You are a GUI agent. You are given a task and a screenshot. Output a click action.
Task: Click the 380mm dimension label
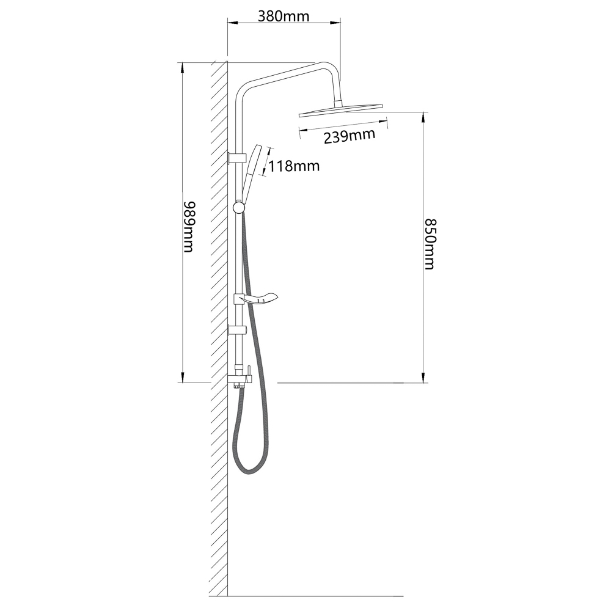click(x=284, y=16)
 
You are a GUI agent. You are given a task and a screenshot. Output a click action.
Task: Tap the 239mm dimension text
click(x=349, y=136)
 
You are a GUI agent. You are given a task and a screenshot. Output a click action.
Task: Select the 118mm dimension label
click(x=295, y=166)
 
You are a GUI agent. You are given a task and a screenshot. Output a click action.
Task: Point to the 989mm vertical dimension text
click(x=188, y=227)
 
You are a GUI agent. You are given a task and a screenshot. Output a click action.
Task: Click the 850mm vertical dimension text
click(x=430, y=244)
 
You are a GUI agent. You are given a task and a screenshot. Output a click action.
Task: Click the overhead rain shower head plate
click(x=341, y=110)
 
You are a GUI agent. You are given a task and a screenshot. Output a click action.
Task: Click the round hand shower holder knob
click(x=238, y=207)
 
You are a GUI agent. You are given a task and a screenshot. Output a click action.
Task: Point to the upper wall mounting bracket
click(x=237, y=157)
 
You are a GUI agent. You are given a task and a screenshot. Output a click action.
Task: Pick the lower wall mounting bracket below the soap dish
click(x=237, y=330)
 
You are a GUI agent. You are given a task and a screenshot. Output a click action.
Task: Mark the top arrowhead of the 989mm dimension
click(x=182, y=67)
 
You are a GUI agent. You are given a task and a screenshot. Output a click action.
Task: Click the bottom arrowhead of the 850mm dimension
click(x=423, y=378)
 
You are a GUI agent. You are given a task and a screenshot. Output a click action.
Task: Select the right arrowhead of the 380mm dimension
click(x=336, y=23)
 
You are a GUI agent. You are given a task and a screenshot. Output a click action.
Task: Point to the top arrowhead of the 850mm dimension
click(x=423, y=117)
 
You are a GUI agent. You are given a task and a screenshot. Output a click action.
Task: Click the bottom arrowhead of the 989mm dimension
click(x=182, y=378)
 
